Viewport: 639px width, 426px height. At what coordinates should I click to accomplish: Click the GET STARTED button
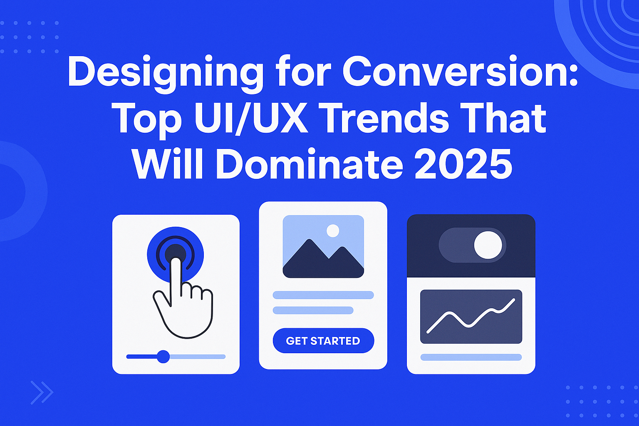point(323,340)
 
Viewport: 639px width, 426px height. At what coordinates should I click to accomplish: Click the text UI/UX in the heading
point(251,119)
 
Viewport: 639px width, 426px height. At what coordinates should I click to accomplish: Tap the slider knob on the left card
point(163,357)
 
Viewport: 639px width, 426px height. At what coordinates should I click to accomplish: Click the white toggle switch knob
point(488,245)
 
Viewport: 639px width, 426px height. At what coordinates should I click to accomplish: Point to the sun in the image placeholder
point(333,230)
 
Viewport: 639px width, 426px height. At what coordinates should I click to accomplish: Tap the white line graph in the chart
point(471,316)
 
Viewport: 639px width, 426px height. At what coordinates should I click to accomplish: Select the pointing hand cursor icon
point(183,298)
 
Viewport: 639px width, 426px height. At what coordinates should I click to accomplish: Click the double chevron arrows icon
point(42,393)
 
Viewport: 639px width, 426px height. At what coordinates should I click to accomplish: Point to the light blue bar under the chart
point(471,357)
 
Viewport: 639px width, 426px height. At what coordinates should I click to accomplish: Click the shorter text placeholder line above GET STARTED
point(313,310)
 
